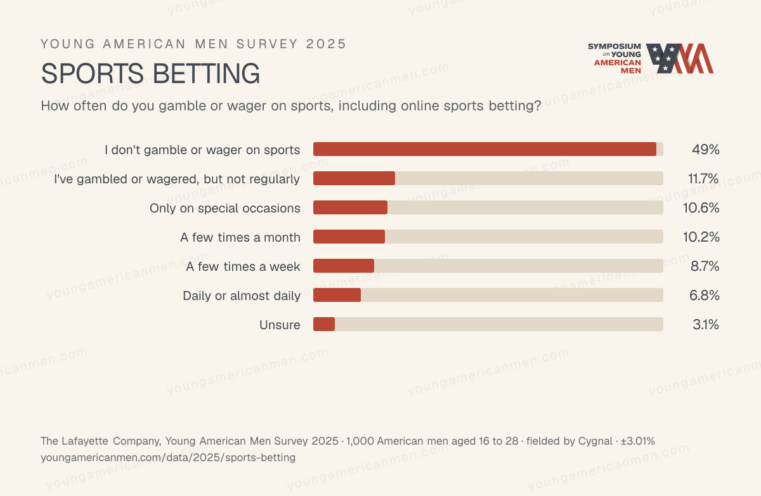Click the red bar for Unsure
tap(324, 324)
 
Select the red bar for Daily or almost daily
tap(337, 295)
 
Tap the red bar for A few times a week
tap(344, 266)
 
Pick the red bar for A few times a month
tap(349, 237)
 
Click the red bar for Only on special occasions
tap(350, 207)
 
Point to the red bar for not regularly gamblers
tap(354, 178)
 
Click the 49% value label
tap(706, 149)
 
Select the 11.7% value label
tap(703, 178)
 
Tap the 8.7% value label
tap(705, 266)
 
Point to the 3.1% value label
tap(706, 325)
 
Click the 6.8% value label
tap(705, 295)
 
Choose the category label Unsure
tap(280, 325)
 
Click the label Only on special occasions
tap(225, 208)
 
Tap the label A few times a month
tap(240, 237)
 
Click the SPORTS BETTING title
tap(150, 73)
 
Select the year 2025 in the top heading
tap(326, 44)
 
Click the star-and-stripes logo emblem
tap(680, 58)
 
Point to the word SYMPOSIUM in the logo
tap(615, 46)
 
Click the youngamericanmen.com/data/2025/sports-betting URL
tap(168, 457)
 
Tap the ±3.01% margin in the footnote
tap(638, 441)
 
